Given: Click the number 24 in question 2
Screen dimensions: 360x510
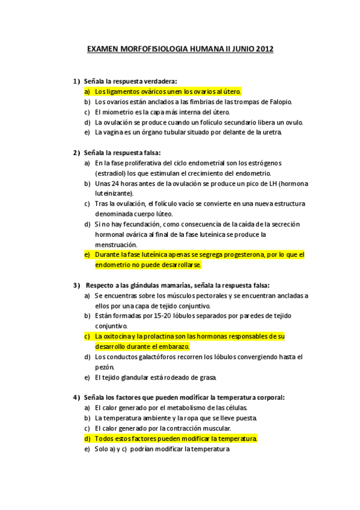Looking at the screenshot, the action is pyautogui.click(x=118, y=183).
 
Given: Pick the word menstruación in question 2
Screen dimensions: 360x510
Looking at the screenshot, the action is pyautogui.click(x=116, y=244).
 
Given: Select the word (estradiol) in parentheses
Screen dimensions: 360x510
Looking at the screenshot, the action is pyautogui.click(x=111, y=173).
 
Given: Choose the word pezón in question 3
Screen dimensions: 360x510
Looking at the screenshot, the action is pyautogui.click(x=104, y=367).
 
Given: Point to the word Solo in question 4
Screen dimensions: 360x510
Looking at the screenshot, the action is pyautogui.click(x=103, y=449).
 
